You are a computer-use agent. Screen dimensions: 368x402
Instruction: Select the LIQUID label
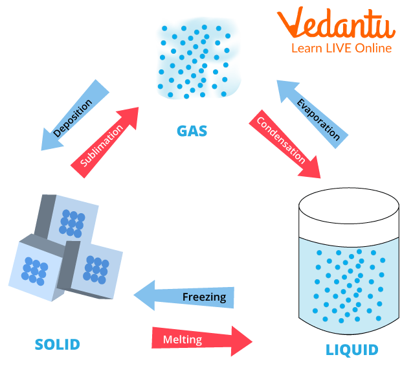(352, 350)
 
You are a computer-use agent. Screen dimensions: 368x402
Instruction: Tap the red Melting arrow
(201, 339)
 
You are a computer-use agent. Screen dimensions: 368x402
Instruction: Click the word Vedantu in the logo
(336, 25)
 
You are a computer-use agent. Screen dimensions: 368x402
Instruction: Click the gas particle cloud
(197, 59)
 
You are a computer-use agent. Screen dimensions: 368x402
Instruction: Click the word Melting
(183, 339)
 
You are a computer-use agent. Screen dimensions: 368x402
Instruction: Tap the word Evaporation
(318, 119)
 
